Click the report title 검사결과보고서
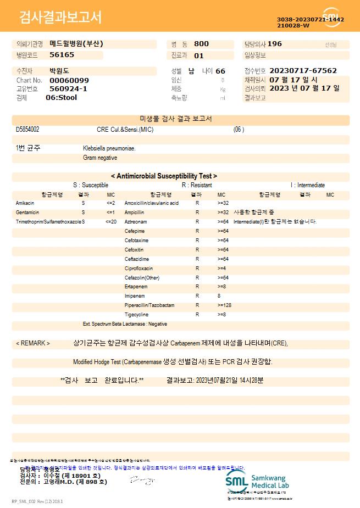pos(60,18)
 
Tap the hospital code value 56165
pos(62,55)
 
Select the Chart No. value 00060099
pos(69,80)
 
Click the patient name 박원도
pos(60,71)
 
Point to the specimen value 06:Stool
pos(61,98)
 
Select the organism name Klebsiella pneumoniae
pos(109,148)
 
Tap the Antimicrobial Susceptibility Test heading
pos(164,176)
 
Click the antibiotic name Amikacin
pos(25,203)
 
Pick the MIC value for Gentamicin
pos(110,213)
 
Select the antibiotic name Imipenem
pos(135,296)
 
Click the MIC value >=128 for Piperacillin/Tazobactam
pos(224,305)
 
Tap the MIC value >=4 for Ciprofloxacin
pos(221,269)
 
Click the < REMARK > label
pos(33,343)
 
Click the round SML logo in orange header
pos(331,17)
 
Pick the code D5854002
pos(27,130)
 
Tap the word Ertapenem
pos(136,287)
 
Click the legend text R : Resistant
pos(197,186)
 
